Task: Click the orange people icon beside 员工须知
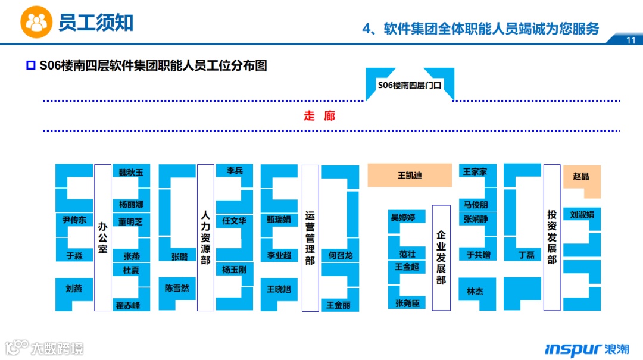tap(36, 23)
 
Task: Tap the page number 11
tap(631, 40)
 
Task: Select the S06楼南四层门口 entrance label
tap(410, 85)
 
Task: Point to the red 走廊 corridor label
tap(320, 116)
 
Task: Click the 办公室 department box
tap(103, 237)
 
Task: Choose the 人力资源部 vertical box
tap(205, 237)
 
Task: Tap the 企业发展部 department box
tap(441, 258)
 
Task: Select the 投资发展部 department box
tap(552, 237)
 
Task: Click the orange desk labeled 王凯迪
tap(410, 176)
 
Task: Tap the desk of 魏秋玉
tap(131, 173)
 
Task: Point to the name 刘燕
tap(74, 289)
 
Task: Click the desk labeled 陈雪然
tap(177, 289)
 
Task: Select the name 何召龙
tap(341, 255)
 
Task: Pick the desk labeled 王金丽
tap(339, 305)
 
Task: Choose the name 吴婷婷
tap(403, 217)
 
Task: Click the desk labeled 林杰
tap(475, 292)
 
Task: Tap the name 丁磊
tap(526, 255)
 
